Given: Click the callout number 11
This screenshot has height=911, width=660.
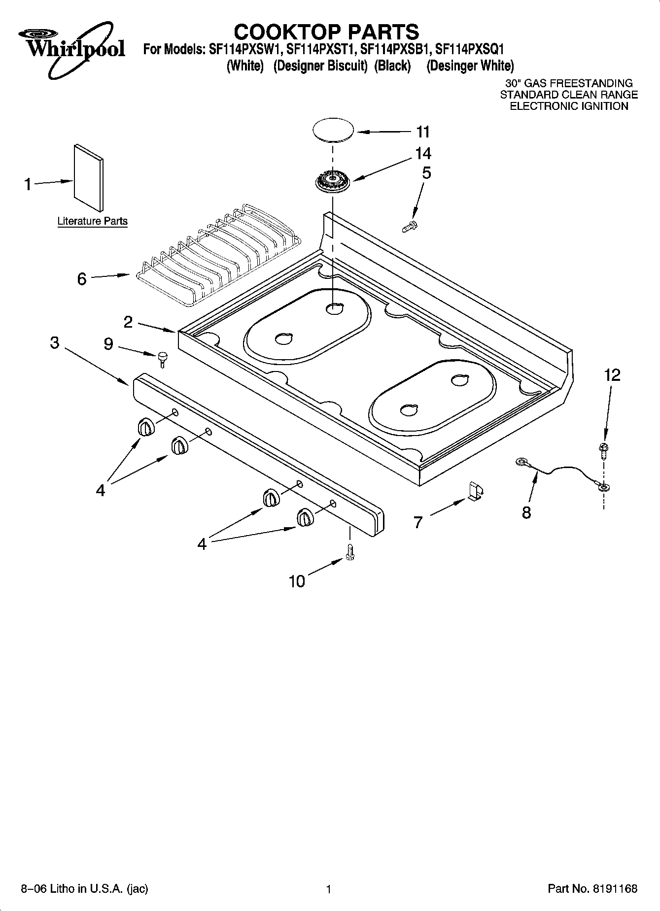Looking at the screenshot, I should click(x=423, y=132).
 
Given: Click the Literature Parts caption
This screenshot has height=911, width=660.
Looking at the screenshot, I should click(x=92, y=221).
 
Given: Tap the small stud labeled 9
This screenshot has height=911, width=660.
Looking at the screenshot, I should click(x=162, y=358).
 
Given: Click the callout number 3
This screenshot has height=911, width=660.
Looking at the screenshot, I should click(x=55, y=342).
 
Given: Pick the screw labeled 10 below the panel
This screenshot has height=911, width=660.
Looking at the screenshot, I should click(x=351, y=552).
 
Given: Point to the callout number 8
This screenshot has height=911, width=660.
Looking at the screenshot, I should click(x=526, y=512).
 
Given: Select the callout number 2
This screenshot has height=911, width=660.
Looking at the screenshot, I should click(x=128, y=322).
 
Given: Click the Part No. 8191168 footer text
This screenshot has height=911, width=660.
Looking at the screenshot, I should click(x=592, y=889).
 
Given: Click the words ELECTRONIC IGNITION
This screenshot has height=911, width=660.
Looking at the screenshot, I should click(x=568, y=106).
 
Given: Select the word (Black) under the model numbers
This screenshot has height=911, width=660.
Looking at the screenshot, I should click(x=392, y=66).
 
